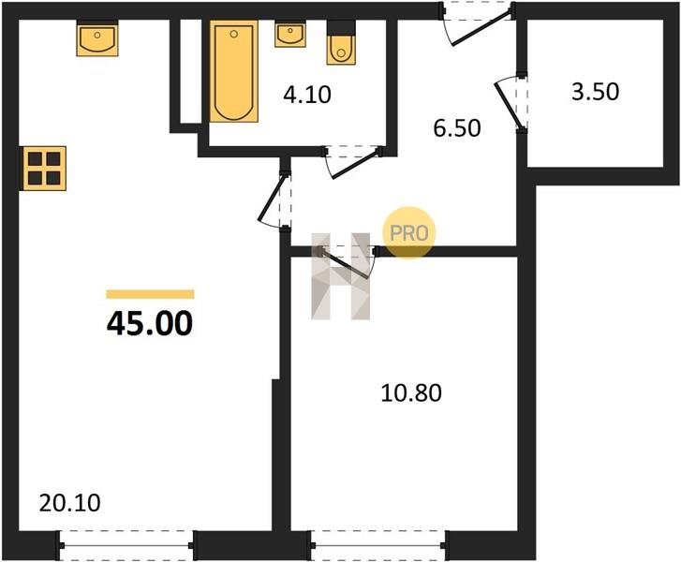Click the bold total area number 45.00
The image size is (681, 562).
coord(150,324)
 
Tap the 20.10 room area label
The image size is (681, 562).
coord(70,503)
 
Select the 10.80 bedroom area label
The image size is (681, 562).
coord(411,392)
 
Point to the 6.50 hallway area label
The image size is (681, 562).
coord(457,128)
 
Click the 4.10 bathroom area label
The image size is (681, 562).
coord(307,95)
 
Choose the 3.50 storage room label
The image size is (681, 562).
coord(595,92)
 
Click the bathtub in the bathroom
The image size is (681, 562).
coord(233,71)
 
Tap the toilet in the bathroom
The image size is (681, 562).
coord(341,43)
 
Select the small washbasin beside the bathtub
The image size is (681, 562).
coord(290,35)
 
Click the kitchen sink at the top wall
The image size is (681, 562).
coord(97,39)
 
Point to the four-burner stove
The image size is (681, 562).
coord(44,169)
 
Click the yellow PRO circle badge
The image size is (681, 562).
coord(408,233)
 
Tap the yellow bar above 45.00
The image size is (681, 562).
coord(150,294)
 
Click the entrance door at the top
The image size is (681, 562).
coord(478,25)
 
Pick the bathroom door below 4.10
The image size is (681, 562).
coord(352,162)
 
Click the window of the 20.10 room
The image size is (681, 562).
coord(126,545)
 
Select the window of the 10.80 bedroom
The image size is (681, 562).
coord(378,545)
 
